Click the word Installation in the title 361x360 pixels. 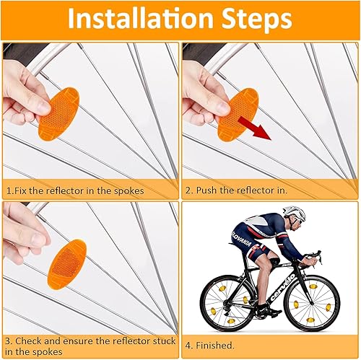point(141,19)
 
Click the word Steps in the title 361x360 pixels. point(256,20)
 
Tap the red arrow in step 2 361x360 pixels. point(254,128)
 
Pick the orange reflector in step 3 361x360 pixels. point(67,263)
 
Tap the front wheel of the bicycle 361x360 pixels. point(314,303)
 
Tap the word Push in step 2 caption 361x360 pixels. point(206,190)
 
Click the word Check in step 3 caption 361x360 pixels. point(28,341)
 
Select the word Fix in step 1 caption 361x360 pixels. point(21,190)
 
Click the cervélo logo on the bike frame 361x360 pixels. point(282,286)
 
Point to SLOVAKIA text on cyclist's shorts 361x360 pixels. point(241,239)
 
